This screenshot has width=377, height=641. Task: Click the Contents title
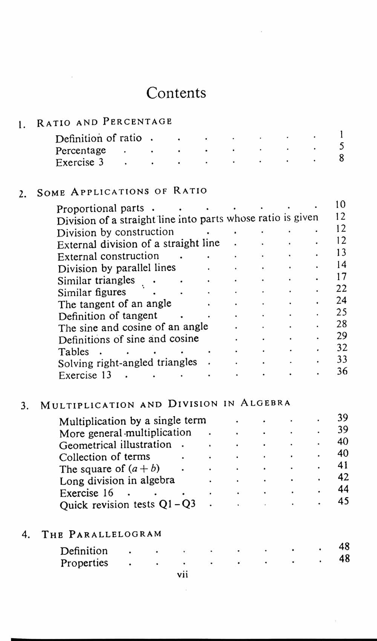pos(176,93)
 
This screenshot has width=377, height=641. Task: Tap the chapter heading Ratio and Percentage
pos(104,122)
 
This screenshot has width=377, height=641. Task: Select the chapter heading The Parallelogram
pos(102,534)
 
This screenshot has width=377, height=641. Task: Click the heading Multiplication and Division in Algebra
pos(166,404)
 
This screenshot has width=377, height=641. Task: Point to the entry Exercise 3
pos(80,163)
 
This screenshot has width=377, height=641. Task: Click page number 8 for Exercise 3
pos(341,158)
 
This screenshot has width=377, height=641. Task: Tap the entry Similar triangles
pos(96,281)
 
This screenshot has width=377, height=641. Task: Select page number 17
pos(341,277)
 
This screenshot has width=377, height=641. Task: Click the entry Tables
pos(74,352)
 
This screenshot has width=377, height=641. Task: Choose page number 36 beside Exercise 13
pos(342,371)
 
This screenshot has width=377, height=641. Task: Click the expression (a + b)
pos(144,469)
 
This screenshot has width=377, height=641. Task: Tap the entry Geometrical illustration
pos(115,445)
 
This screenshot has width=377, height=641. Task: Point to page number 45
pos(343,501)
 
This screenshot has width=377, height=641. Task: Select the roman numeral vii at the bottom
pos(182,574)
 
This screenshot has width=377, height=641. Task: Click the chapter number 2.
pos(22,194)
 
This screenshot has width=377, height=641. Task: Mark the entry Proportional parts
pos(100,208)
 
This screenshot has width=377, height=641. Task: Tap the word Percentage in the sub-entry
pos(81,151)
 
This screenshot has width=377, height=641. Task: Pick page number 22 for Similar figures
pos(341,288)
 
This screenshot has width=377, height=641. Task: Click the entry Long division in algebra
pos(117,481)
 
